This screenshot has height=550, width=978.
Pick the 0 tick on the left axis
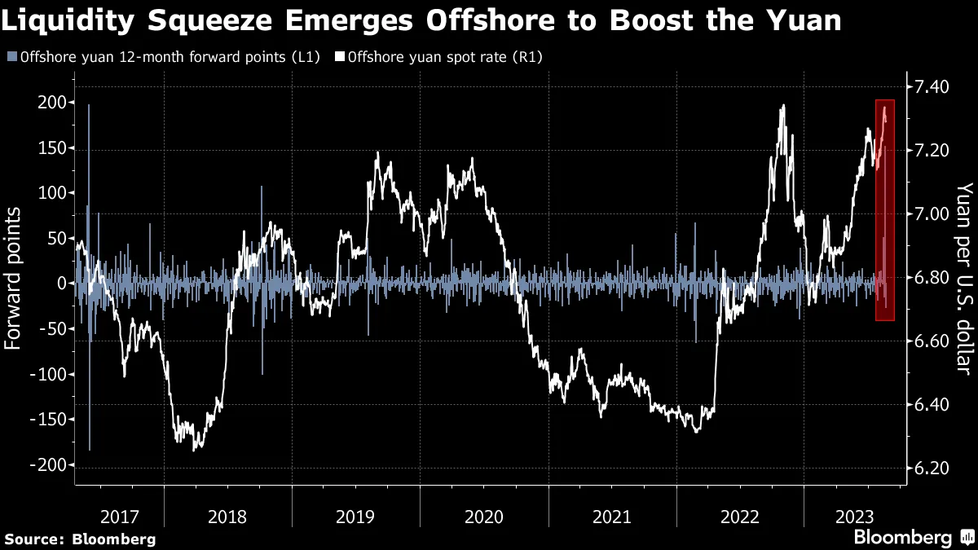[59, 284]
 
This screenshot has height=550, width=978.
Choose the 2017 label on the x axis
[120, 516]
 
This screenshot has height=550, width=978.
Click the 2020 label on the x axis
[483, 516]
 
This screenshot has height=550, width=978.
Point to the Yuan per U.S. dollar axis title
[964, 278]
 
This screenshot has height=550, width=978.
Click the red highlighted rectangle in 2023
[885, 210]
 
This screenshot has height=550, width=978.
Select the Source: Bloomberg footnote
[80, 539]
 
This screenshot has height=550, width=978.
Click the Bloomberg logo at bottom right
[913, 537]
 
